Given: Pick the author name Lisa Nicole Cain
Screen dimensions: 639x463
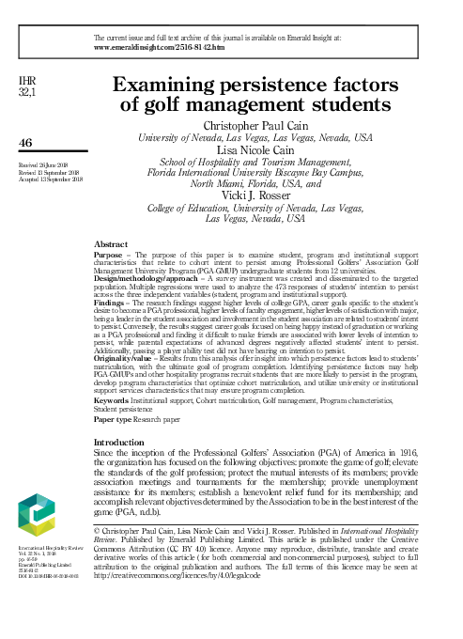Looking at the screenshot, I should (255, 149).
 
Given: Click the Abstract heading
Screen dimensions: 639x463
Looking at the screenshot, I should (112, 242).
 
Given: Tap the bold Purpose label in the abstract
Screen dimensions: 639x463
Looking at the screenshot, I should (111, 254).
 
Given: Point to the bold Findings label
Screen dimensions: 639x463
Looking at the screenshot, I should (112, 304).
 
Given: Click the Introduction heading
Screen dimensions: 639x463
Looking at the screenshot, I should (128, 441).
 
